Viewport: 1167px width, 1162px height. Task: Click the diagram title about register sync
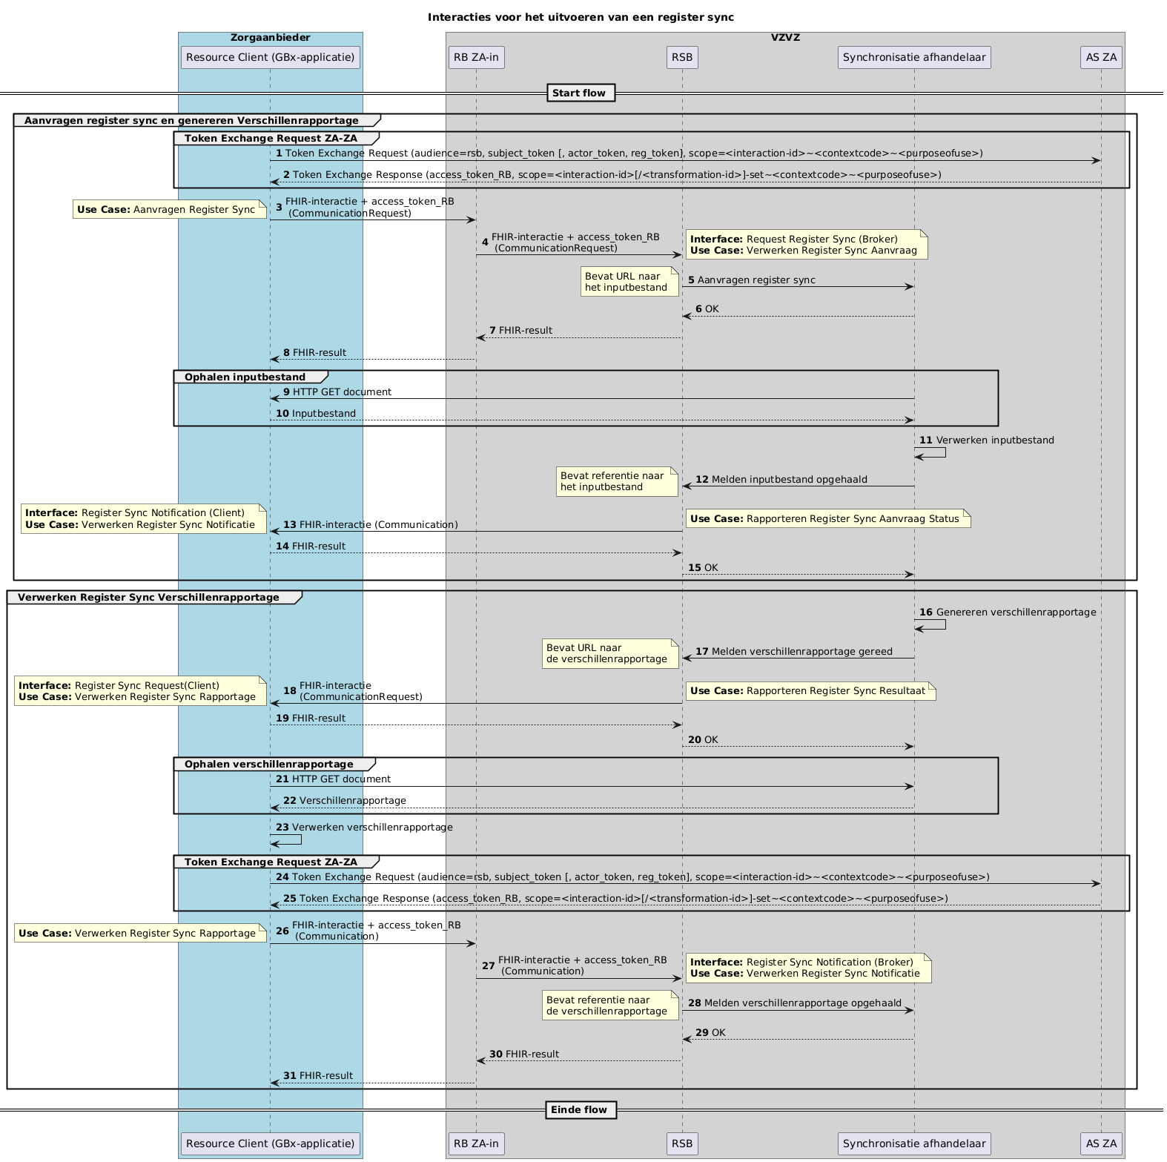(581, 17)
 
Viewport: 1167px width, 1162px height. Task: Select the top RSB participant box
(682, 57)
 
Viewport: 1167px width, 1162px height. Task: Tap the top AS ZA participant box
(1101, 57)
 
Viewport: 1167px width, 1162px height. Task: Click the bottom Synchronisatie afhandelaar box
(913, 1143)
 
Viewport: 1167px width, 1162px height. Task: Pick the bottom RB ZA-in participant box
(476, 1143)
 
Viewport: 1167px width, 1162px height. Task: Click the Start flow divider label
(581, 93)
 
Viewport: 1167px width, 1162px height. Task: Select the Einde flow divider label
(581, 1109)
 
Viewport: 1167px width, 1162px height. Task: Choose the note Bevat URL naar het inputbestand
(629, 282)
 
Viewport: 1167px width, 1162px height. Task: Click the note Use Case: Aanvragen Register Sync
(169, 210)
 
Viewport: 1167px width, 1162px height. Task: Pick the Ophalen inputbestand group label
(245, 377)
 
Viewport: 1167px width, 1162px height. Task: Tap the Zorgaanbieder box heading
(270, 38)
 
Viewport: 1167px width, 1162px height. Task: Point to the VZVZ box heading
(785, 38)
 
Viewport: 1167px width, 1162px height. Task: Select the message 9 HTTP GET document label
(337, 392)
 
